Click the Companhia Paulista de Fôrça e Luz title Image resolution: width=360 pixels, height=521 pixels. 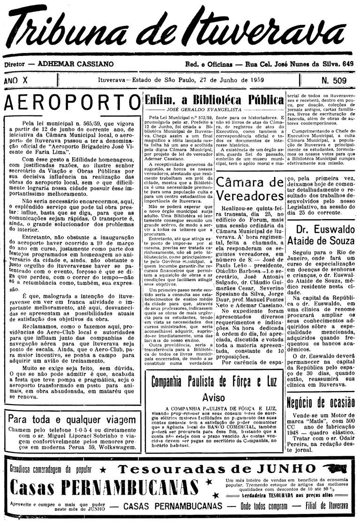(x=214, y=381)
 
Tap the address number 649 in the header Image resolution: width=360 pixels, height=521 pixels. (x=348, y=63)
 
